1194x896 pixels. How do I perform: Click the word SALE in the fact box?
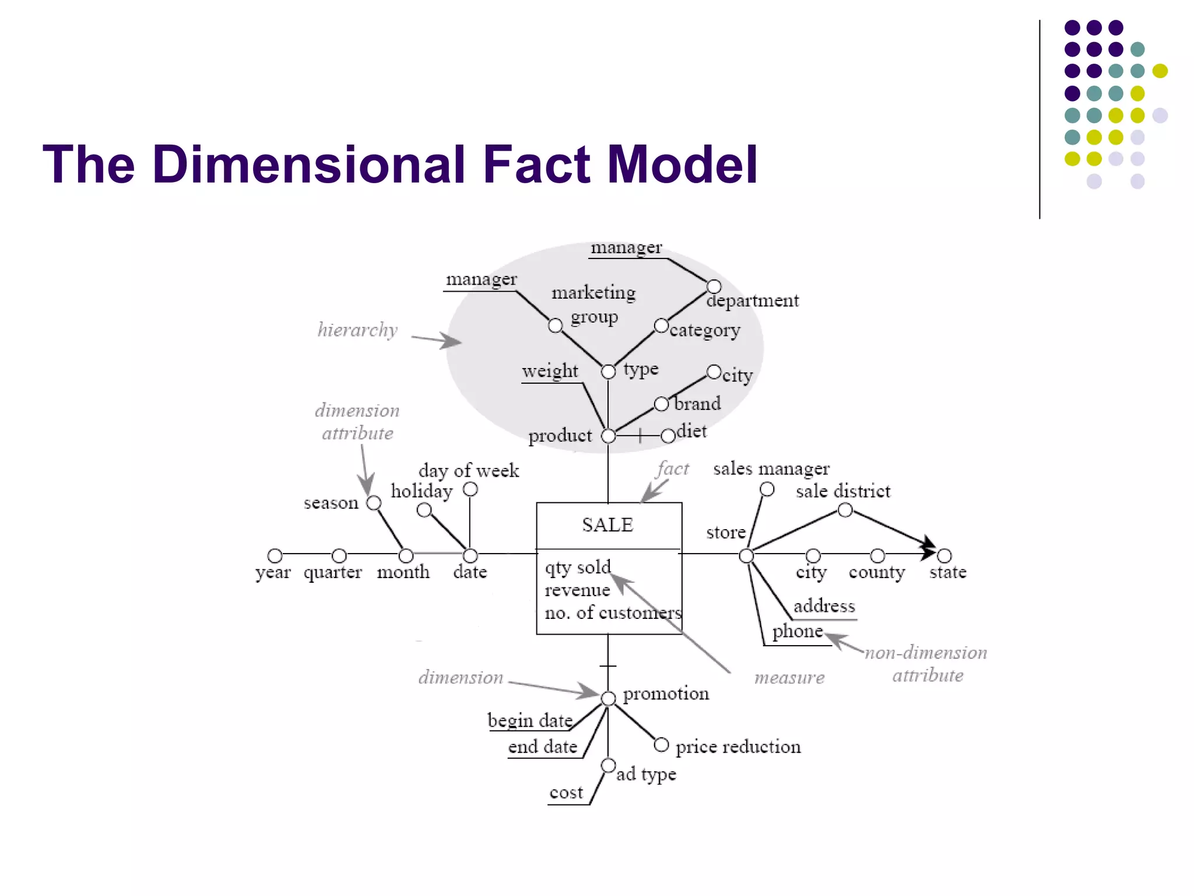coord(607,524)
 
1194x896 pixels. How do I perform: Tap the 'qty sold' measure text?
coord(577,567)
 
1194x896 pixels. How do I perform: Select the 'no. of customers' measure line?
coord(612,612)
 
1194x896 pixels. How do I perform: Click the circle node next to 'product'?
coord(608,436)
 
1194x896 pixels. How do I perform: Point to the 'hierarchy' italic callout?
coord(357,330)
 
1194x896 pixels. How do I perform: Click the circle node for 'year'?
coord(275,555)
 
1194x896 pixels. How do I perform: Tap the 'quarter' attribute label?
coord(332,572)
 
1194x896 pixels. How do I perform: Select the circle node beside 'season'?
coord(374,503)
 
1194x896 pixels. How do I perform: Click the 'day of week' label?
coord(468,470)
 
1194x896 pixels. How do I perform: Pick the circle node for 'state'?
coord(944,555)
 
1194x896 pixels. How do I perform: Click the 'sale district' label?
coord(842,491)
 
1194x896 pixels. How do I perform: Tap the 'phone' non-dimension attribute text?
coord(797,631)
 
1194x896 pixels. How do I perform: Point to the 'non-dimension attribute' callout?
coord(926,664)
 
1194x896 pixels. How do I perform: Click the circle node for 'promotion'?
coord(608,698)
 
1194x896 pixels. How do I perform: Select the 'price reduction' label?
coord(738,747)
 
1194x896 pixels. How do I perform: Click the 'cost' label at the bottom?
coord(566,792)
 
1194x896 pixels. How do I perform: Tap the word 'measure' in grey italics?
coord(789,678)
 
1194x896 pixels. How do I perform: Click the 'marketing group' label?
coord(594,304)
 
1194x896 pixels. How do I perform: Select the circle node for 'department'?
coord(714,286)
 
